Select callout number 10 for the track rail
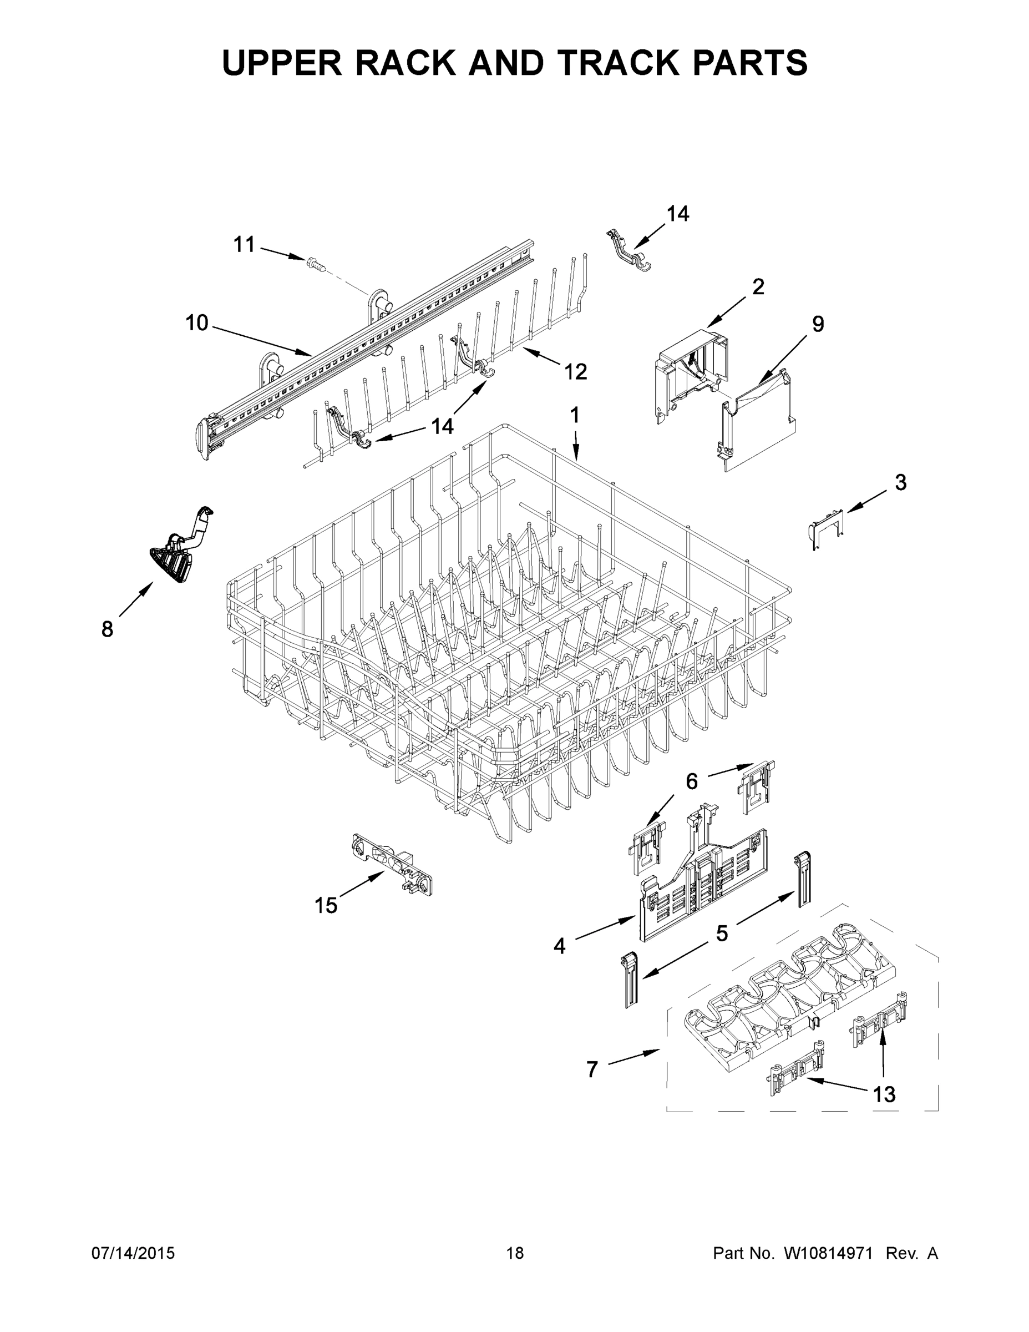coord(197,322)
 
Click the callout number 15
coord(326,906)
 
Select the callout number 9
coord(818,324)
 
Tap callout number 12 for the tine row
coord(575,371)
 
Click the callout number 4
coord(560,946)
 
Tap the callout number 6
coord(691,781)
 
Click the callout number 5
coord(722,933)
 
